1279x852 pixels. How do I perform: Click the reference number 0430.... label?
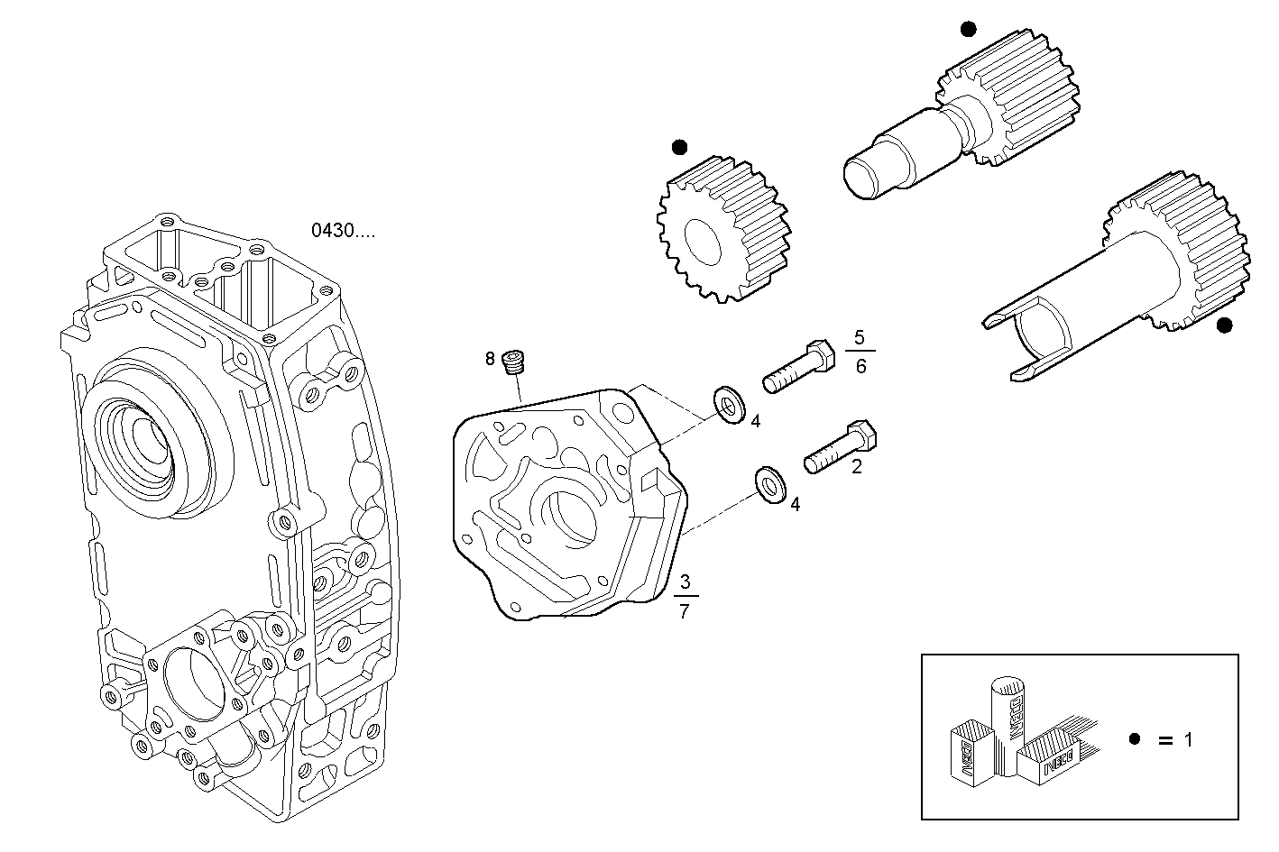click(343, 231)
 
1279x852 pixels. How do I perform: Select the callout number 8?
click(491, 359)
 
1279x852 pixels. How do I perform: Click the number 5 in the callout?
click(860, 337)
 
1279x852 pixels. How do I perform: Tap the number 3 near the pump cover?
click(685, 580)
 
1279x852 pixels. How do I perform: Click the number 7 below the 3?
click(685, 611)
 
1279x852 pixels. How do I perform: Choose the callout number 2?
click(857, 466)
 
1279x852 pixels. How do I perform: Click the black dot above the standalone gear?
click(679, 146)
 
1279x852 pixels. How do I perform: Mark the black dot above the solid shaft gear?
click(968, 29)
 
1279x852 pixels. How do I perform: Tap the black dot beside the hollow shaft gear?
click(1224, 325)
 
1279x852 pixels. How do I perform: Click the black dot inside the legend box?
click(1135, 739)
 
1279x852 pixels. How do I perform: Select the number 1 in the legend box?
click(1189, 740)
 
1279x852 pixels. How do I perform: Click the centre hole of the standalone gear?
click(704, 242)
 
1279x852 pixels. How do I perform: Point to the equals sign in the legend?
click(1164, 740)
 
